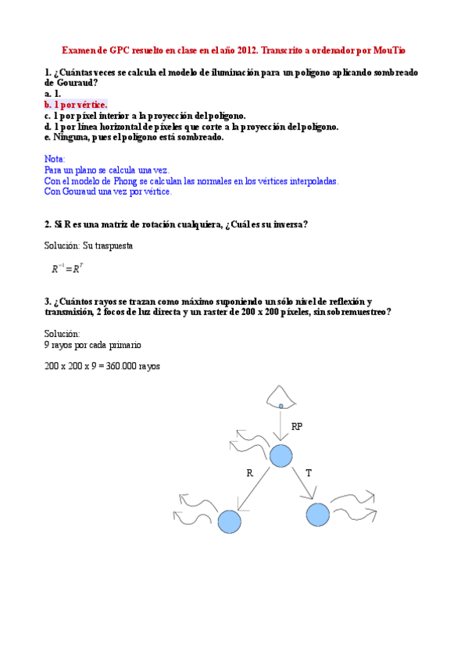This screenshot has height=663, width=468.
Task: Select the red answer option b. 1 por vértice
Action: [x=76, y=104]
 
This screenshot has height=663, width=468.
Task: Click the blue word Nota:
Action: [x=55, y=159]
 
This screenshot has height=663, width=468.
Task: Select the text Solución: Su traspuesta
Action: [x=88, y=245]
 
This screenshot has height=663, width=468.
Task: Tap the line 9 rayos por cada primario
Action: [x=93, y=344]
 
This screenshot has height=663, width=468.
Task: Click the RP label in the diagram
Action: [x=297, y=427]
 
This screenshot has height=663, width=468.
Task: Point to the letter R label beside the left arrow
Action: [x=249, y=473]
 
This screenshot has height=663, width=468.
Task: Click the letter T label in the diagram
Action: [x=309, y=473]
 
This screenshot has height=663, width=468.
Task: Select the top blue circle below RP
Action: [x=280, y=456]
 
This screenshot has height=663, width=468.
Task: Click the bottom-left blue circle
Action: [x=229, y=521]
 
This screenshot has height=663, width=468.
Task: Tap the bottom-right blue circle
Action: [x=317, y=515]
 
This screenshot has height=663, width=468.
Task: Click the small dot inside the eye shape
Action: [x=280, y=406]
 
